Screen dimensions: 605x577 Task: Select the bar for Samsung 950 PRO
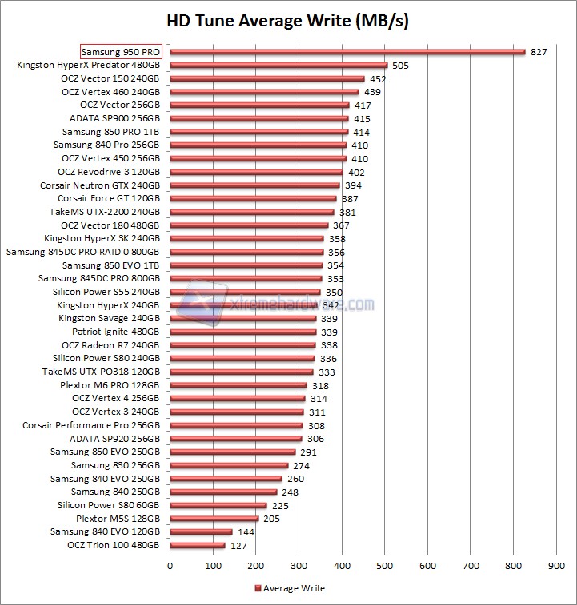[347, 52]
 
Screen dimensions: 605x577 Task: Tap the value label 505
[401, 66]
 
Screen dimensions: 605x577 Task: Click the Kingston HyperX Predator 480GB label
[88, 65]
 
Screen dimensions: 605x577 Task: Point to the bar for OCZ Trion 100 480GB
[197, 545]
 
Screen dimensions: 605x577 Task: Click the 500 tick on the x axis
[385, 566]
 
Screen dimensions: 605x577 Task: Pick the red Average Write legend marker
[258, 588]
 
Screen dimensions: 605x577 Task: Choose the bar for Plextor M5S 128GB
[214, 519]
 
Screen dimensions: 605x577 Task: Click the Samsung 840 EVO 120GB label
[105, 531]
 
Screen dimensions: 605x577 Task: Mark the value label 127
[238, 545]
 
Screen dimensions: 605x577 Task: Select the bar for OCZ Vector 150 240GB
[266, 78]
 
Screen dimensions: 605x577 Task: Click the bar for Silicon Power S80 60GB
[218, 505]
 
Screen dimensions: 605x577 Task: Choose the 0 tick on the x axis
[170, 566]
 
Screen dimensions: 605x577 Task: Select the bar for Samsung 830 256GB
[229, 465]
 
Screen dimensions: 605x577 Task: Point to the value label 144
[246, 531]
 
